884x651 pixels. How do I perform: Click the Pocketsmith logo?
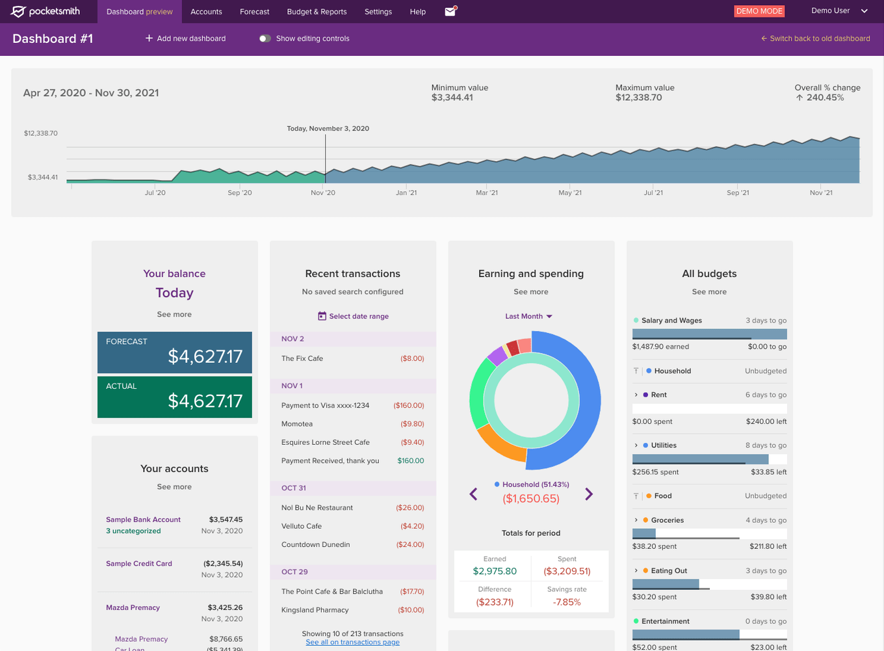[x=45, y=11]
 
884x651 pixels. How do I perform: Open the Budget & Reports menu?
[x=317, y=12]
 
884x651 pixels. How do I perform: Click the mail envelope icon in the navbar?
[x=450, y=11]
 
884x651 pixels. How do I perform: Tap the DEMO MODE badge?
[x=759, y=11]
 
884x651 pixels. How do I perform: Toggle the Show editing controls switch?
[x=265, y=38]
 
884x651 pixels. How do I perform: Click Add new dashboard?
[x=185, y=38]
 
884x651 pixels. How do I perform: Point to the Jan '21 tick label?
[x=406, y=193]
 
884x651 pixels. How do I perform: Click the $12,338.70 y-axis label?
[x=41, y=133]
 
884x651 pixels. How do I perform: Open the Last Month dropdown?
[x=529, y=316]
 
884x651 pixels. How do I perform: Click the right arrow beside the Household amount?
[x=589, y=494]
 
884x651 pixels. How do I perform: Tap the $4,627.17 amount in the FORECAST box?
[x=205, y=356]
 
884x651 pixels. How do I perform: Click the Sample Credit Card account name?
[x=139, y=564]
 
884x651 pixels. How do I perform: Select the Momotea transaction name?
[x=297, y=424]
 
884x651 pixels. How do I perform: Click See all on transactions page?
[x=352, y=643]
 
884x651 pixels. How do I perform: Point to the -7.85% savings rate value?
[x=567, y=602]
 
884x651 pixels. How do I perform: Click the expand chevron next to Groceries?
[x=636, y=520]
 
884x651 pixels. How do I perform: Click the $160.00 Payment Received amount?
[x=410, y=460]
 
